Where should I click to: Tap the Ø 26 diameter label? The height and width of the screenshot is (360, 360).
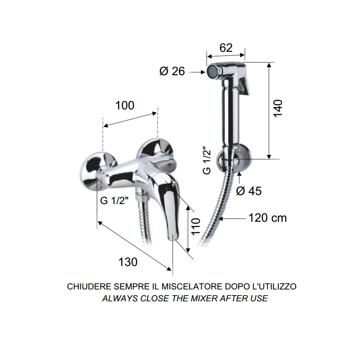[x=172, y=72]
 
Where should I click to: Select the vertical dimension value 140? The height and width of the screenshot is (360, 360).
[x=279, y=108]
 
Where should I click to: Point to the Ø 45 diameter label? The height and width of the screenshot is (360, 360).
[x=249, y=191]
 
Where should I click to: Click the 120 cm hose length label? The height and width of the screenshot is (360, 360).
[x=267, y=218]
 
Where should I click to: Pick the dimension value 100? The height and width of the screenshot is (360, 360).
[x=125, y=105]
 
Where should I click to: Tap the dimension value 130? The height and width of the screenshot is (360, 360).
[x=128, y=262]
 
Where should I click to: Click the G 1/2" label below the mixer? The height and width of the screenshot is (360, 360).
[x=114, y=201]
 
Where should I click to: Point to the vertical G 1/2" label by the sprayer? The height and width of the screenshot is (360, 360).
[x=207, y=161]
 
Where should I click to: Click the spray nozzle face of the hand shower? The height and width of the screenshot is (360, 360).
[x=210, y=71]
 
